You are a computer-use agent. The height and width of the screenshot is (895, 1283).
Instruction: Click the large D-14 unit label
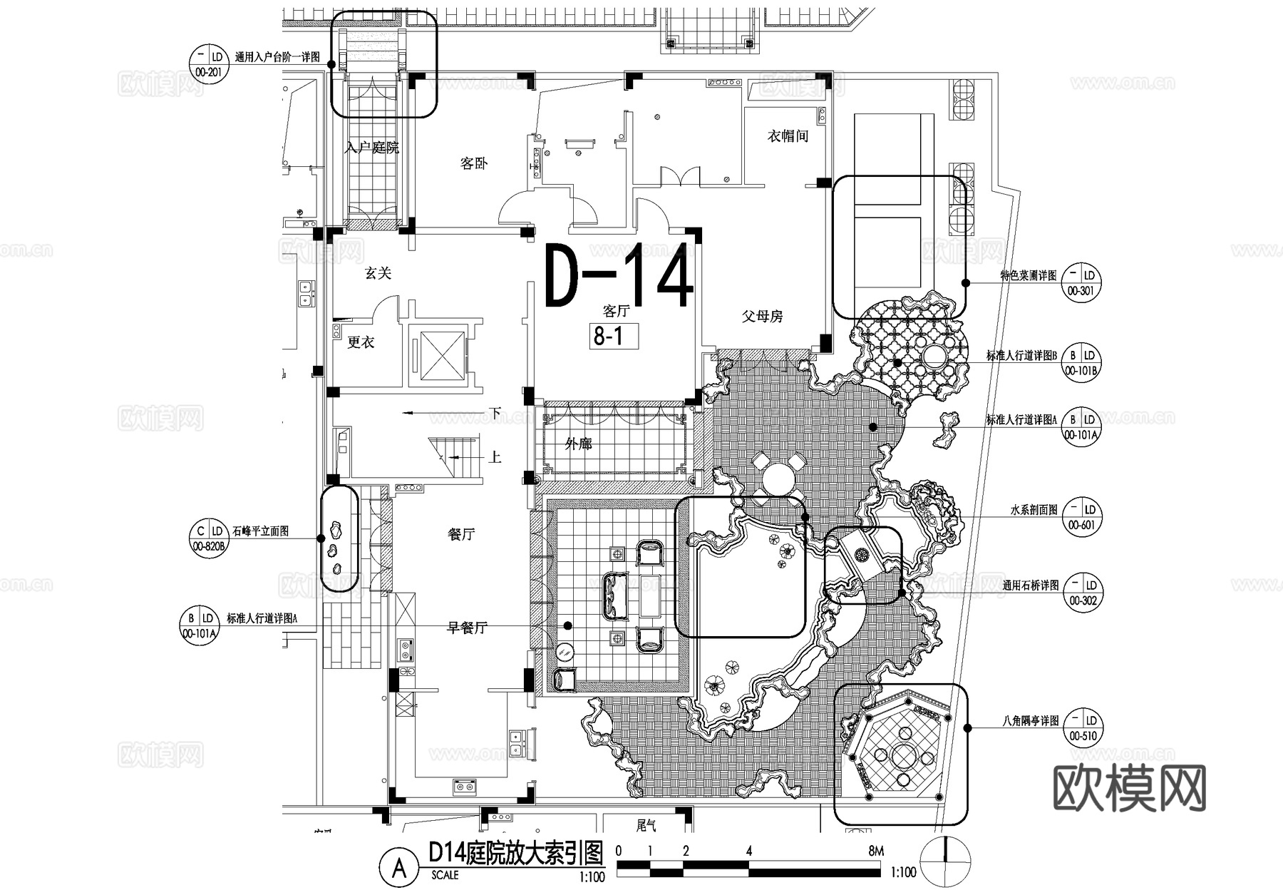pos(619,277)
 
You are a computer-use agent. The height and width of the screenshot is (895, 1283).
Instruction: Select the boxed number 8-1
pos(609,335)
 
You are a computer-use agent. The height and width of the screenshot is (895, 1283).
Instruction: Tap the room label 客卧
pos(473,164)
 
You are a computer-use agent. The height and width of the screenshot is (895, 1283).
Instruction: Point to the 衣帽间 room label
pos(787,135)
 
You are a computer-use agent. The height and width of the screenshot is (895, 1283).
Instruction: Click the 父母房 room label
pos(762,316)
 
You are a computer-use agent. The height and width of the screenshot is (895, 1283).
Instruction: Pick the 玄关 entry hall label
pos(378,273)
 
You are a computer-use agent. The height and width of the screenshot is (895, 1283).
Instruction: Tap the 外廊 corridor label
pos(578,444)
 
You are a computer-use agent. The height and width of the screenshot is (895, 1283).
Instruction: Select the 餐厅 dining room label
pos(461,534)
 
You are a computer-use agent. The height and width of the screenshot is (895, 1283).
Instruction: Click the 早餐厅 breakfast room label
pos(467,628)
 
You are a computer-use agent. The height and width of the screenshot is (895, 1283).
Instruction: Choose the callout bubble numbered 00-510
pos(1082,728)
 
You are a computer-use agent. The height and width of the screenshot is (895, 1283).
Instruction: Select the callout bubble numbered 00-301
pos(1081,282)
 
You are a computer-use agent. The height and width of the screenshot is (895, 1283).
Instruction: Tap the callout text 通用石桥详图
pos(1030,585)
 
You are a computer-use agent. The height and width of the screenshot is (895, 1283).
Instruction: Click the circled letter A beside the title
pos(400,868)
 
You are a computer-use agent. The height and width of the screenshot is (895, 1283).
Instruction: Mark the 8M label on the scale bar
pos(876,851)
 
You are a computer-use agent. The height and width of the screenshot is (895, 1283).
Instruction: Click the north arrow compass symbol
pos(946,861)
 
